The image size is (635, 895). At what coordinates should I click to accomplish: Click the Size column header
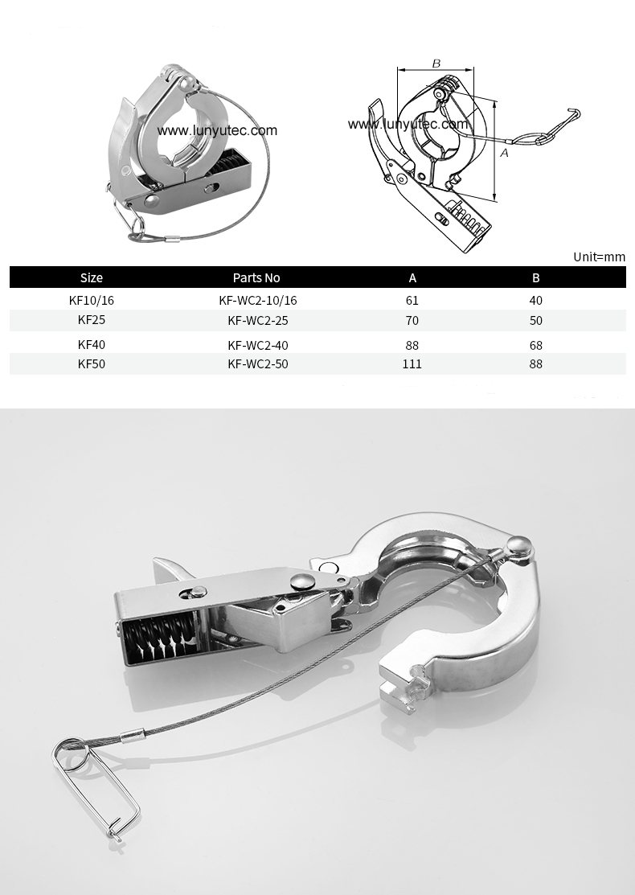[x=92, y=277]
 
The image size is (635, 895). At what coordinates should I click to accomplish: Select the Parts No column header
[x=256, y=277]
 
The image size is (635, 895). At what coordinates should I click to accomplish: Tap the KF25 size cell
[x=92, y=320]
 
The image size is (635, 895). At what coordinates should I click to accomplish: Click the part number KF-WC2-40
[x=257, y=345]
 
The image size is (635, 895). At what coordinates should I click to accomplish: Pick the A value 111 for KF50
[x=412, y=363]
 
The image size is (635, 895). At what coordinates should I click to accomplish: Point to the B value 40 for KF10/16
[x=536, y=300]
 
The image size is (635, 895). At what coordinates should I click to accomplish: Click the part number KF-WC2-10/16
[x=257, y=300]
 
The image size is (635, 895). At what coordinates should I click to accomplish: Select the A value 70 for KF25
[x=412, y=320]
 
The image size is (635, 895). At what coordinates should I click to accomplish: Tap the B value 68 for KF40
[x=536, y=345]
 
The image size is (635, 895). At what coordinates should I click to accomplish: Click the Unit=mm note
[x=599, y=257]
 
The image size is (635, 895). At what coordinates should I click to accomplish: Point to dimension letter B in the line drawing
[x=436, y=64]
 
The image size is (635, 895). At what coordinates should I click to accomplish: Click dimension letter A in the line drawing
[x=504, y=152]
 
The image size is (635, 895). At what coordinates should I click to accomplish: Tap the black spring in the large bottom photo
[x=157, y=641]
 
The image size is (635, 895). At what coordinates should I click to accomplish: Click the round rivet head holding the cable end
[x=521, y=547]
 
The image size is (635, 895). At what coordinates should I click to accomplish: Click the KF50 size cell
[x=92, y=363]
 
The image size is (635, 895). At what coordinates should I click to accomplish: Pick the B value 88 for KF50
[x=536, y=363]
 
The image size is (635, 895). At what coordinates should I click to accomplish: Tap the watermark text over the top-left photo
[x=217, y=130]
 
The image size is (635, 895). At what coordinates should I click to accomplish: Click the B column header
[x=536, y=277]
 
